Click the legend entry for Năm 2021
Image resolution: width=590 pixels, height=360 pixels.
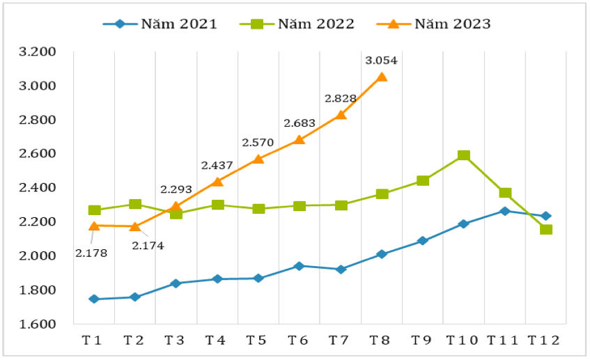coord(160,24)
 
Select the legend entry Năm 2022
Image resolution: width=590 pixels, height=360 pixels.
coord(297,24)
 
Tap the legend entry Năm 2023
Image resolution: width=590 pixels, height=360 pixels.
coord(439,24)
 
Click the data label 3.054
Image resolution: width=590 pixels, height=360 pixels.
coord(381,61)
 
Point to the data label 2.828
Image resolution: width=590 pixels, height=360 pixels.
coord(340,99)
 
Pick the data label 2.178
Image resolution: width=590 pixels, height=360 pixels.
coord(91,253)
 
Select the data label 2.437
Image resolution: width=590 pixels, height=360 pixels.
coord(217,166)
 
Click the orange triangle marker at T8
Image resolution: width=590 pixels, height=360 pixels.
coord(382,77)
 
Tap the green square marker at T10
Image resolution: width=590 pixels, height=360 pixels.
coord(464,156)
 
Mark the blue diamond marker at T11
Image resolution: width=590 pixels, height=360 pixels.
coord(505,211)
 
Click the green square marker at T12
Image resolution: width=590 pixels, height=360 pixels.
coord(546,229)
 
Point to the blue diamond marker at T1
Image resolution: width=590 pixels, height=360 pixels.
coord(94,299)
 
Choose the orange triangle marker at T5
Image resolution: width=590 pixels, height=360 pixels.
coord(258,159)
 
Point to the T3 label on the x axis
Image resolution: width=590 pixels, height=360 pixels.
coord(174,341)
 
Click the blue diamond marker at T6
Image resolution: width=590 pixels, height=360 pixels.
coord(300,266)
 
